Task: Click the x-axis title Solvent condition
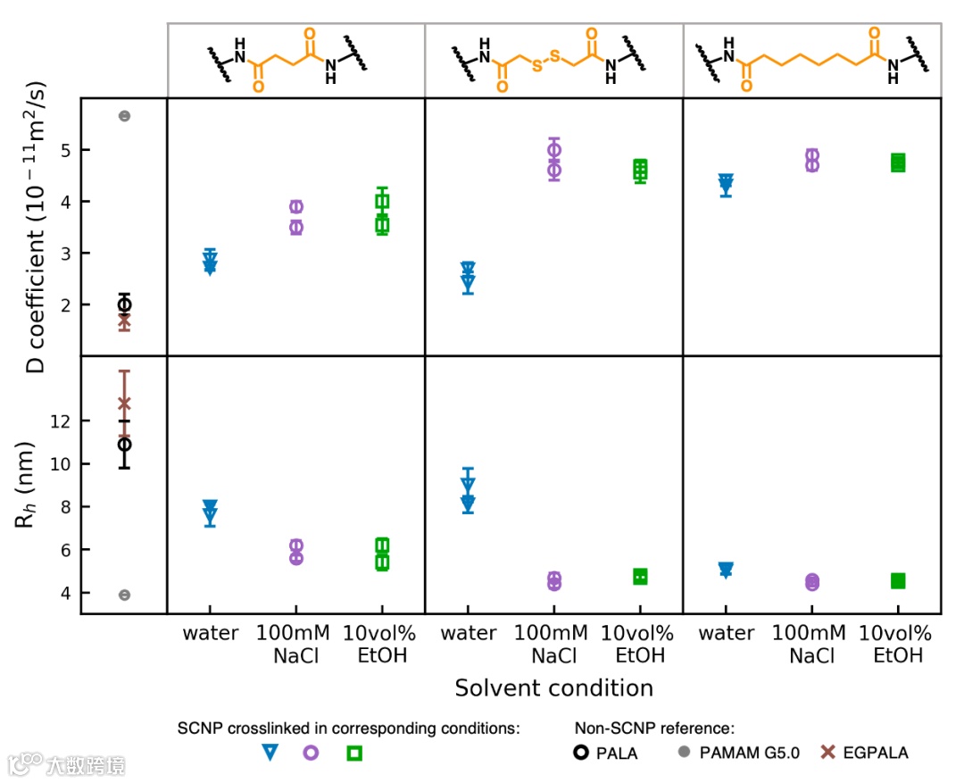point(553,688)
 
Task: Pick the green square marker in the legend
point(354,753)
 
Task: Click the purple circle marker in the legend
point(312,753)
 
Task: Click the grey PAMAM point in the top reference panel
point(125,116)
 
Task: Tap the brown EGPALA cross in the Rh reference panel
point(124,404)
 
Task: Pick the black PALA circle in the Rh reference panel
point(125,444)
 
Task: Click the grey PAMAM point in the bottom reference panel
point(125,595)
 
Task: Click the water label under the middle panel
point(469,634)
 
